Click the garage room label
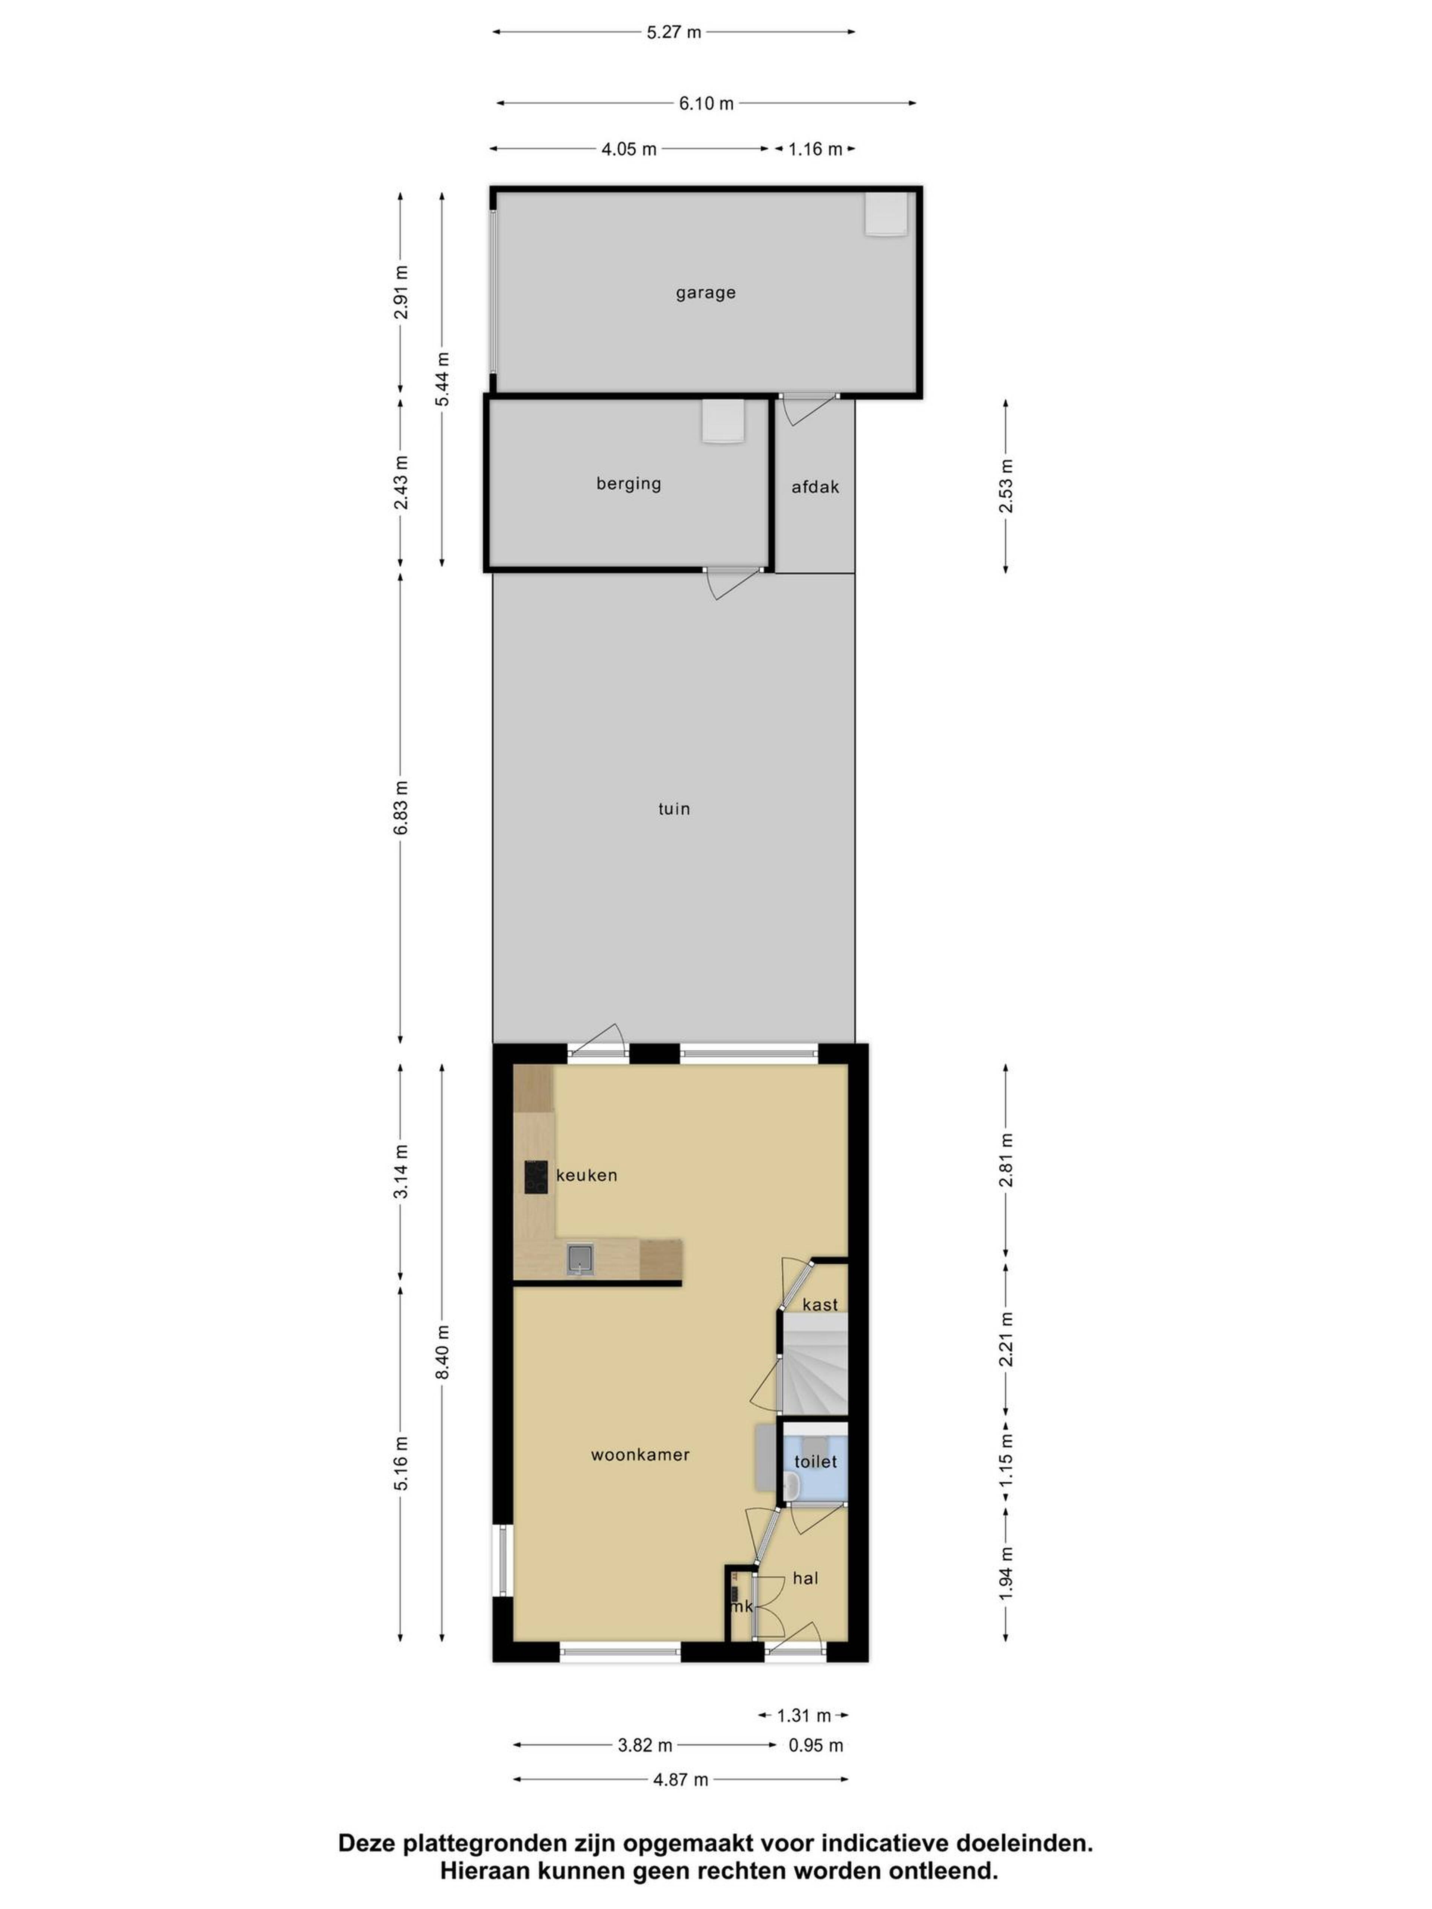(x=705, y=293)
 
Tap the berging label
(x=628, y=483)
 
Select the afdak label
(x=815, y=487)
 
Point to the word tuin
(x=674, y=809)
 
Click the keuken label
(x=586, y=1174)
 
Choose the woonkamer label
(x=640, y=1454)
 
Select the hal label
(x=805, y=1578)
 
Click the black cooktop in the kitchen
(x=536, y=1176)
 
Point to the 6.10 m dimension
(x=706, y=104)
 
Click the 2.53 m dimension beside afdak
(x=1006, y=486)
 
